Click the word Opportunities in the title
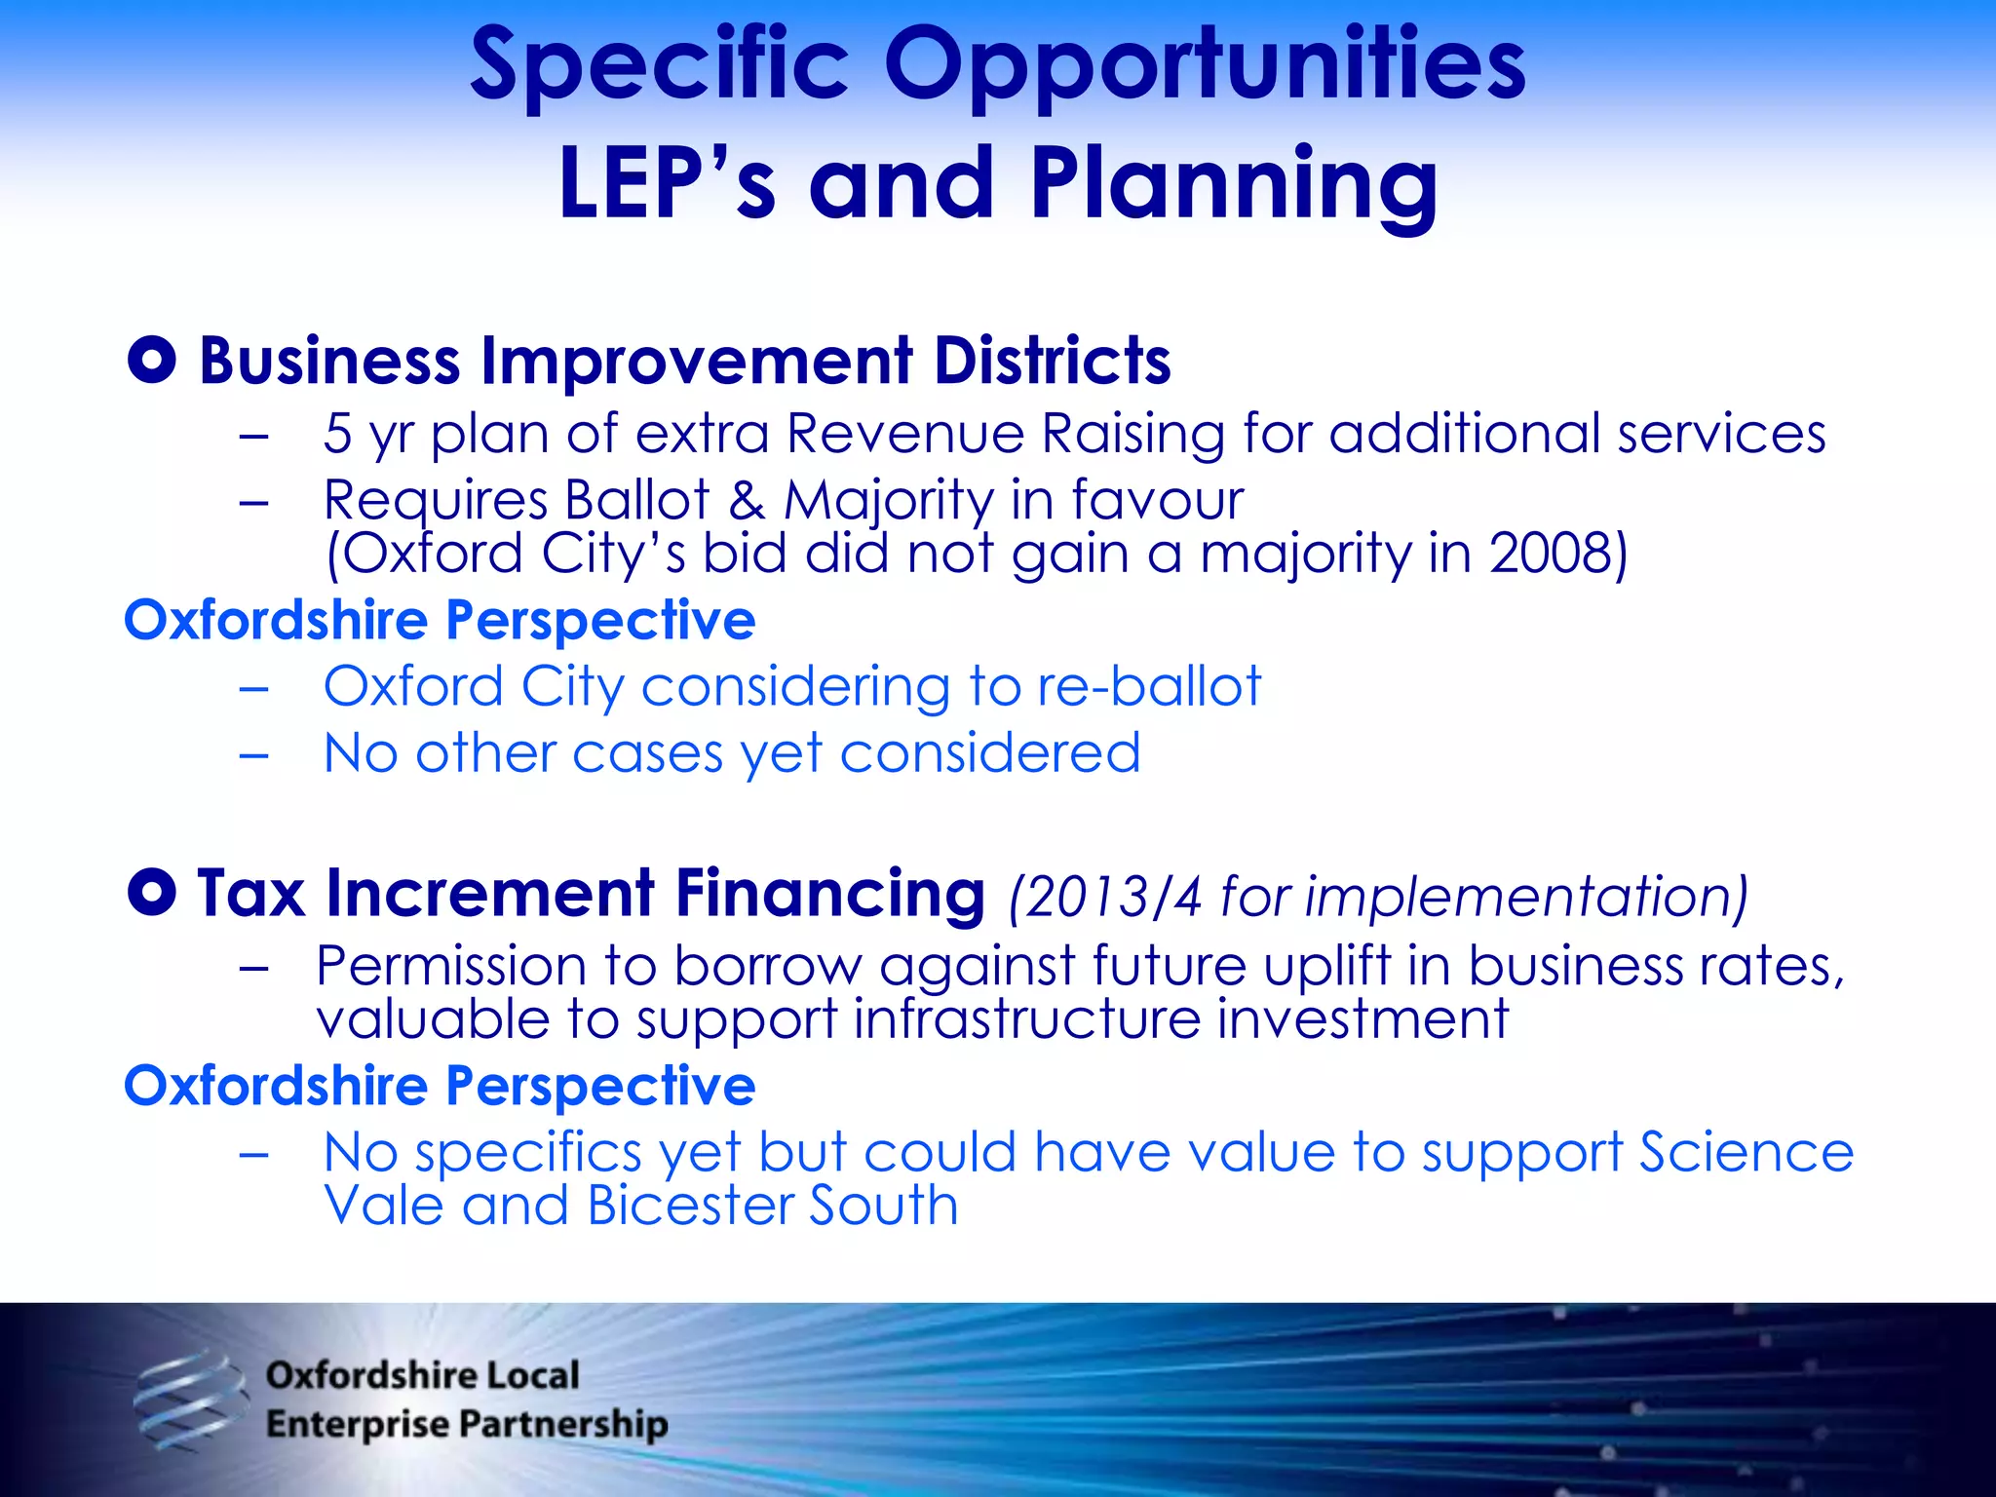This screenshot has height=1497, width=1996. (1204, 66)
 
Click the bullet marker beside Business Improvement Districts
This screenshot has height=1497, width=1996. (152, 361)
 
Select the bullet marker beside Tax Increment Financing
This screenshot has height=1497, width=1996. (152, 892)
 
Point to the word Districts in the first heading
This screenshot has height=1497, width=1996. (1052, 361)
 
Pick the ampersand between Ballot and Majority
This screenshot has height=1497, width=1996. (747, 501)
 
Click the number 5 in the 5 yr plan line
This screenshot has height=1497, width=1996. (337, 434)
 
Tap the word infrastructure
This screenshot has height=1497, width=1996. (1026, 1019)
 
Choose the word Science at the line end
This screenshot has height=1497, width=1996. (1746, 1153)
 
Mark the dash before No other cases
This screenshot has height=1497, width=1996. (253, 755)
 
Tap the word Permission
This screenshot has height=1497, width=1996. (450, 967)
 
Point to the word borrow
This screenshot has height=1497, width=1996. (767, 967)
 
